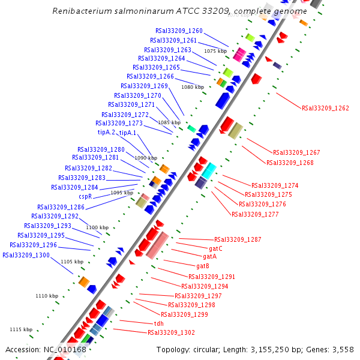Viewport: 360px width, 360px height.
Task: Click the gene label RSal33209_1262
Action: coord(325,108)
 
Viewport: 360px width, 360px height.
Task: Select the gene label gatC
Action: coord(215,248)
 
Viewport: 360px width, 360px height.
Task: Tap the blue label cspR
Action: coord(85,196)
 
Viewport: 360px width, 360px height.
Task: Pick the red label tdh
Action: coord(159,323)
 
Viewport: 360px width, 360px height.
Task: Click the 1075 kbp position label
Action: coord(215,51)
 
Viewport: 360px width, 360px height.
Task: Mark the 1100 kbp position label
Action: coord(97,227)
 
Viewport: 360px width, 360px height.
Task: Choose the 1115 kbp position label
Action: coord(21,329)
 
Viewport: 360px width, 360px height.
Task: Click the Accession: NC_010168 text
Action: coord(46,349)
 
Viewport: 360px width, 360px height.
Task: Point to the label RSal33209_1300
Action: coord(26,255)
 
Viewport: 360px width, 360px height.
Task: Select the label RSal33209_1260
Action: coord(179,31)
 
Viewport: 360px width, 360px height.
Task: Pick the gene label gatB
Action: coord(203,266)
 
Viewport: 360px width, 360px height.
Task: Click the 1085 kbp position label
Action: coord(169,122)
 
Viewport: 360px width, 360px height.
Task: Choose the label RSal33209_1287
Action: coord(238,239)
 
